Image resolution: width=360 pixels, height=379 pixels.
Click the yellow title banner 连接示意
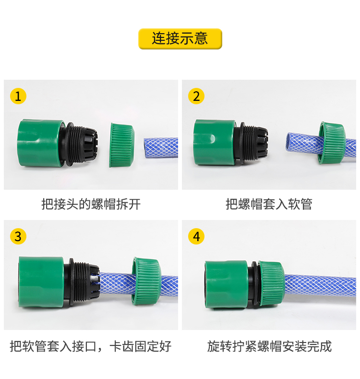[x=180, y=39]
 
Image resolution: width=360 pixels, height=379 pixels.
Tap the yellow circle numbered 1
[x=18, y=96]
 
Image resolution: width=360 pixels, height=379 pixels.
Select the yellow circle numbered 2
[x=196, y=96]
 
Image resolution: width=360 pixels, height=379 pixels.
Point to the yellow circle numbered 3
[x=18, y=236]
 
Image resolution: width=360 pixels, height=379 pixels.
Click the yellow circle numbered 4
[x=196, y=236]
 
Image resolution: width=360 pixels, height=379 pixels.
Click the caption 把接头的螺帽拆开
[x=91, y=204]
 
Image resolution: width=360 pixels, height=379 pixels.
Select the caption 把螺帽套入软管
[x=269, y=204]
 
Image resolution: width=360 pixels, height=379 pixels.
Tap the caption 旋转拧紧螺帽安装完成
[x=269, y=346]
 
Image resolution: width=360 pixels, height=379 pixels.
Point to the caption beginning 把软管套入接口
[x=91, y=346]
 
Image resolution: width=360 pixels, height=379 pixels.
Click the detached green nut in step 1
[x=121, y=145]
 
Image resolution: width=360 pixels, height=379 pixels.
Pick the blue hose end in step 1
[x=161, y=147]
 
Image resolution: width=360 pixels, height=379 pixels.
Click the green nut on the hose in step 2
[x=332, y=143]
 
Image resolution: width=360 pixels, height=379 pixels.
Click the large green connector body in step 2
[x=214, y=143]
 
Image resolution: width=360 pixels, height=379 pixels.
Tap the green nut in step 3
[x=145, y=281]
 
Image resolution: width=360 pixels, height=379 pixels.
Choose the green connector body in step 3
[x=41, y=282]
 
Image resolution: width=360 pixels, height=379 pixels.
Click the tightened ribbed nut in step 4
[x=271, y=284]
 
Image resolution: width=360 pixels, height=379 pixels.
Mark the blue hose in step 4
[x=320, y=286]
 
